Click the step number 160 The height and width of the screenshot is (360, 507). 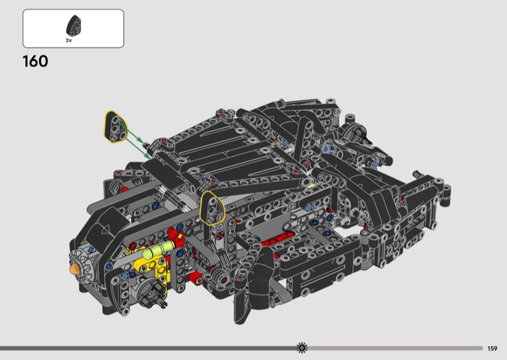(x=35, y=61)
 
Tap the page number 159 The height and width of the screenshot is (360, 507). (x=492, y=349)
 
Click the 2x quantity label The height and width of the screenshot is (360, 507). (x=69, y=41)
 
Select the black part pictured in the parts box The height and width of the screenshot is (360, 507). (x=74, y=25)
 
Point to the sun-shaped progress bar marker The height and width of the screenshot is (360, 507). (x=302, y=348)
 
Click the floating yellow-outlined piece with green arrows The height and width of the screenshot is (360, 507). (x=115, y=127)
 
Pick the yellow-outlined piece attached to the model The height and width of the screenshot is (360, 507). (x=212, y=208)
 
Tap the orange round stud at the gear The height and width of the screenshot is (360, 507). (x=75, y=269)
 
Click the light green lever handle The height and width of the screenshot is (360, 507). (x=157, y=249)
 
